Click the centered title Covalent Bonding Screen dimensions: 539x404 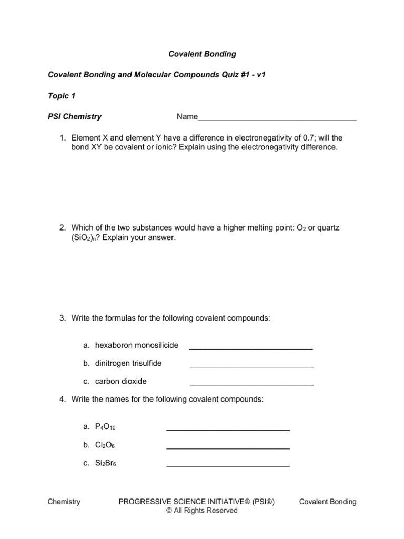pos(202,54)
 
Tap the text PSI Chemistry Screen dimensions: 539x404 pos(75,117)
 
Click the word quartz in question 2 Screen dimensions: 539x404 pos(331,227)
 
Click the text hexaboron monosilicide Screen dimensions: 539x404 pos(137,345)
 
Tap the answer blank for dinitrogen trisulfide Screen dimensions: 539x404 pos(251,364)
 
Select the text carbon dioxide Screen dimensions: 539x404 pos(121,381)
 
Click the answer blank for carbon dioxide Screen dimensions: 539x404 pos(251,382)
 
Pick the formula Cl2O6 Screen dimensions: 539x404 pos(105,445)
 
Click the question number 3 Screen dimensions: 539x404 pos(62,318)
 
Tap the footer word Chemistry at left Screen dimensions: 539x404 pos(64,502)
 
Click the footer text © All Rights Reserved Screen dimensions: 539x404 pos(202,511)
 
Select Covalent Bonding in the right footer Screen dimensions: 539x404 pos(328,502)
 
